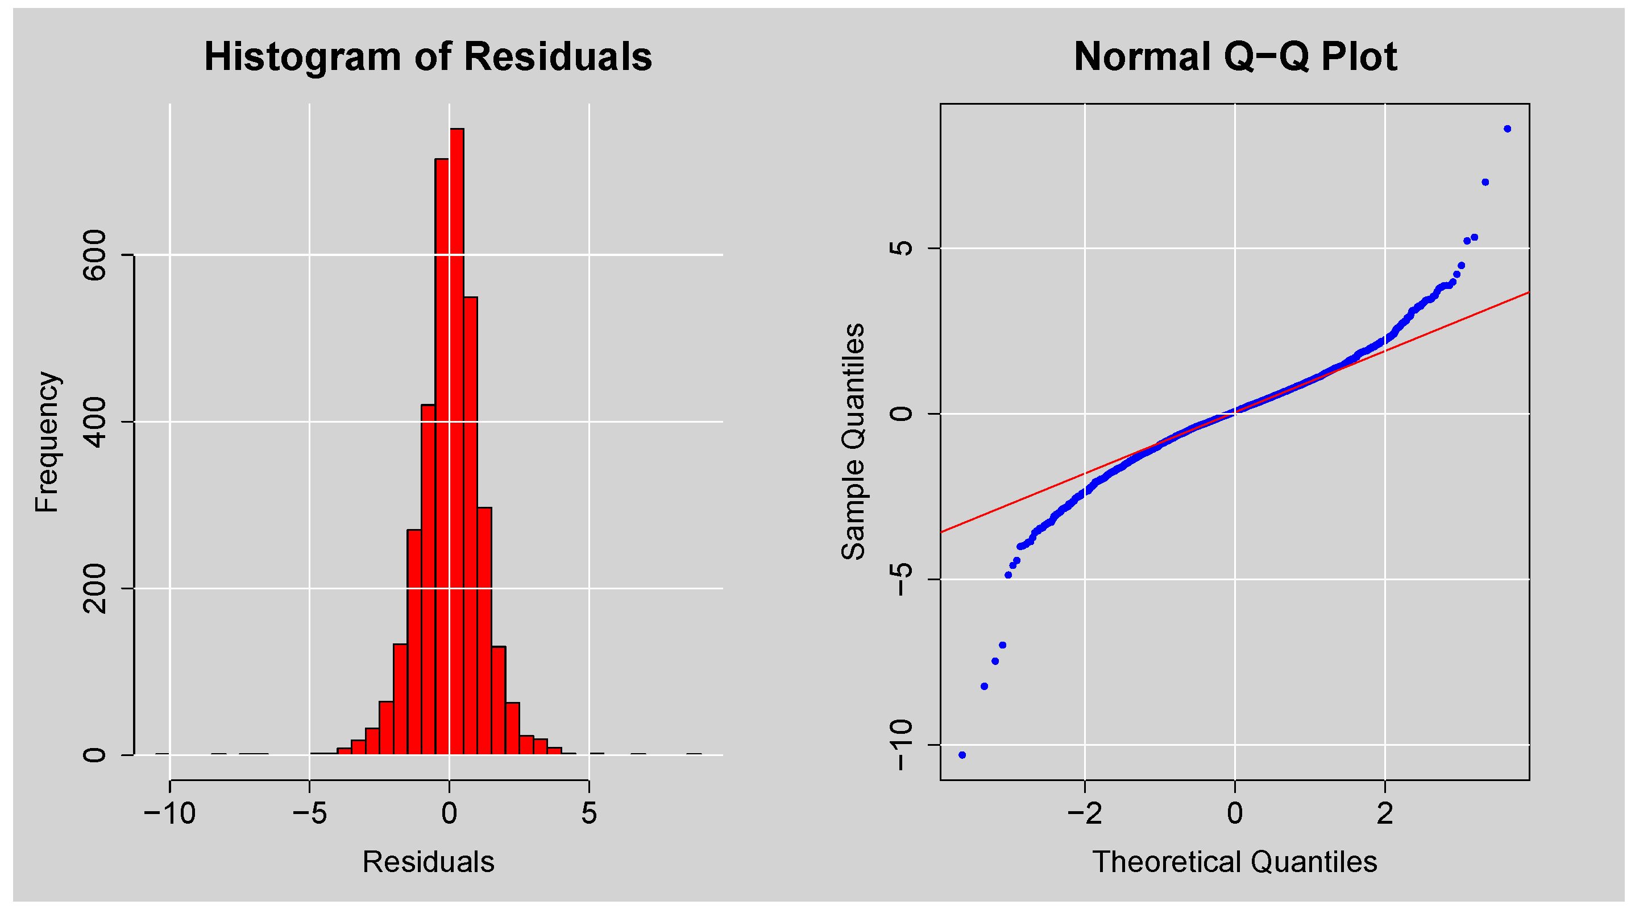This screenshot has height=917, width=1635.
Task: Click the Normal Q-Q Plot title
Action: tap(1235, 57)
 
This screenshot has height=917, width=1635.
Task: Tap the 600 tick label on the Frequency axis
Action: tap(95, 255)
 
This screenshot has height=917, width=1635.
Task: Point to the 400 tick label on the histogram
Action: tap(95, 422)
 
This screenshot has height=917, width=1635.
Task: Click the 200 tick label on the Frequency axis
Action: tap(95, 589)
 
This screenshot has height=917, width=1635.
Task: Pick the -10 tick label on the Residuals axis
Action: tap(169, 813)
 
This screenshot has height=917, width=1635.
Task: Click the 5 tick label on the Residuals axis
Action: tap(589, 813)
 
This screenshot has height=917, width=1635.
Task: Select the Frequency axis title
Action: tap(47, 442)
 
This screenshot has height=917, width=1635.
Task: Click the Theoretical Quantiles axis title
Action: tap(1235, 862)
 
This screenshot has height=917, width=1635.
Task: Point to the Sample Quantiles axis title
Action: tap(854, 442)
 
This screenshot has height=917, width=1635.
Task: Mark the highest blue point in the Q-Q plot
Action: tap(1508, 129)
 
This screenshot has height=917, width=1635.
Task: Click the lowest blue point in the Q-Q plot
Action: tap(962, 755)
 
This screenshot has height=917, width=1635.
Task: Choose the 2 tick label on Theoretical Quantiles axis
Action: tap(1385, 813)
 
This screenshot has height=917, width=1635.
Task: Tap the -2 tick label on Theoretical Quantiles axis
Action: tap(1085, 813)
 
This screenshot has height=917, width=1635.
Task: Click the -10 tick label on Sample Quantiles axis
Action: tap(901, 745)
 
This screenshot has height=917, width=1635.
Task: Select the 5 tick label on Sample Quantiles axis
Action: tap(901, 248)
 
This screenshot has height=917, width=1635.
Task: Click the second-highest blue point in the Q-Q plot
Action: tap(1485, 182)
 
